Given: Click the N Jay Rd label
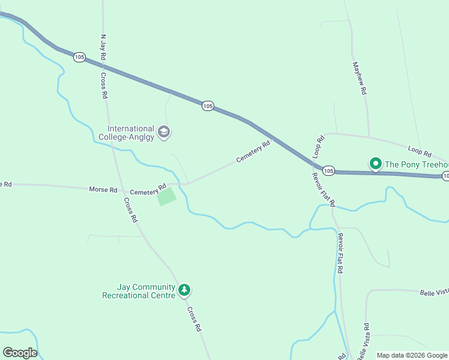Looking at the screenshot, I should (103, 47).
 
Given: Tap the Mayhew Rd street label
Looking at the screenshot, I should (360, 79).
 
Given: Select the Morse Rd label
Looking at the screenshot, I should (103, 190).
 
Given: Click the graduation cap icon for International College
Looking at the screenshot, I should (163, 132).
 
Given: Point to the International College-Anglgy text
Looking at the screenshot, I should (131, 133).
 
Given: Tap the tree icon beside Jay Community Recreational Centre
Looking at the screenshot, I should (185, 291).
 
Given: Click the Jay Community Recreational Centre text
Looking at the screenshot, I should (139, 291).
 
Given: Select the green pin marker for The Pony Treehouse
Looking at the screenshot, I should (376, 163).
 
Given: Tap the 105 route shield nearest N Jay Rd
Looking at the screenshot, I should (79, 57).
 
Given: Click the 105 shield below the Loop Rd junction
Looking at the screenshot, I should (328, 171).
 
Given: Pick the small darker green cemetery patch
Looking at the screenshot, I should (167, 197).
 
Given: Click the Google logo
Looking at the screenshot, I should (20, 353).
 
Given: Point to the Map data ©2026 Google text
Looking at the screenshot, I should (412, 355).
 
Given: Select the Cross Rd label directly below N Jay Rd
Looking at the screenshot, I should (104, 85).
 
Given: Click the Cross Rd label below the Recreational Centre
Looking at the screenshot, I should (193, 319).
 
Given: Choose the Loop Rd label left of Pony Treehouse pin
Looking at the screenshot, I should (420, 151).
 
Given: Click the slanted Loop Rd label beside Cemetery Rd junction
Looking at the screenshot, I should (319, 146).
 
